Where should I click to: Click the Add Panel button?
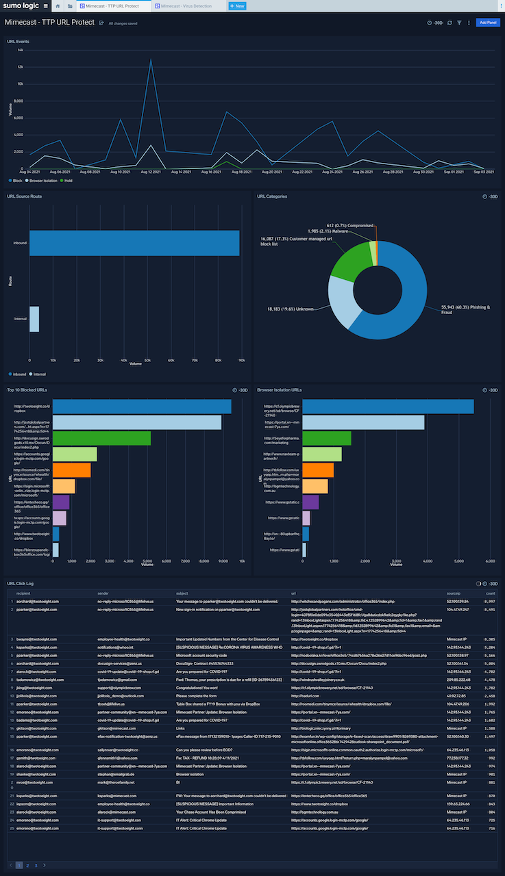click(489, 23)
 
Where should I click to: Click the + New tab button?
click(236, 6)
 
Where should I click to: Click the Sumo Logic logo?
click(20, 6)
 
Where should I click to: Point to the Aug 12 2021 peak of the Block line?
click(151, 60)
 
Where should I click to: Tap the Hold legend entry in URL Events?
click(67, 180)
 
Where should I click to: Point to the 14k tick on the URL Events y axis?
click(20, 50)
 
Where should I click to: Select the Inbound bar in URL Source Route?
click(134, 243)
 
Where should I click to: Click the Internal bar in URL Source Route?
click(34, 319)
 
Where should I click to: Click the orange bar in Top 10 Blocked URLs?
click(71, 470)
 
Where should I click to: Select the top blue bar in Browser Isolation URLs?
click(388, 407)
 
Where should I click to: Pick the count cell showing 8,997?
click(490, 601)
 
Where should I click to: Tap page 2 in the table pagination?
click(27, 865)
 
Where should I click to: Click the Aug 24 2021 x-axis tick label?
click(332, 172)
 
